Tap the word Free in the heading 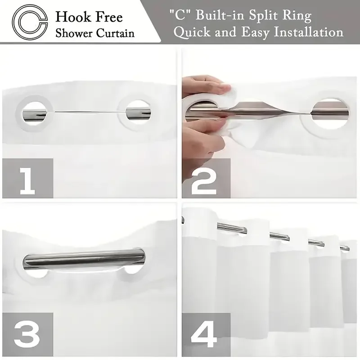point(109,17)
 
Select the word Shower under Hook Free point(74,33)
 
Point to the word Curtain point(115,33)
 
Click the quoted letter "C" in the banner point(180,15)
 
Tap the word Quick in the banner point(192,32)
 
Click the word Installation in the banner point(309,32)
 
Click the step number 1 point(27,181)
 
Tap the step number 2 point(204,181)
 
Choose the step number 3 point(27,335)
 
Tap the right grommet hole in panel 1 point(138,113)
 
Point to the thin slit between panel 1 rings point(86,112)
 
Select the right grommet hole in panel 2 point(330,113)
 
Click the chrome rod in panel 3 point(84,259)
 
